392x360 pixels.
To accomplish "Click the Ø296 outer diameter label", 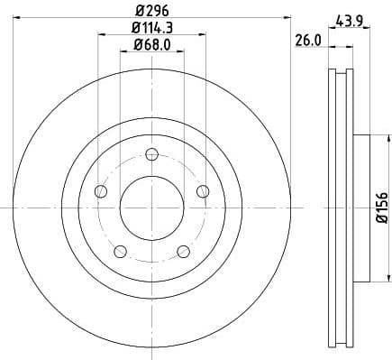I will pos(151,10).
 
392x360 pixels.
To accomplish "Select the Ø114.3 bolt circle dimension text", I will pos(151,28).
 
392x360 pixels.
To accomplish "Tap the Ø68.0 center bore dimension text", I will pos(151,45).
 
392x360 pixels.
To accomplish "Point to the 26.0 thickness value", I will pos(306,40).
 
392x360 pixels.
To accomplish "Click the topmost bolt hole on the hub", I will pos(151,152).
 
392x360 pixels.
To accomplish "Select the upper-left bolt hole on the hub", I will pos(101,190).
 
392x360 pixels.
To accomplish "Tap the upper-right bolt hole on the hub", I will pos(203,189).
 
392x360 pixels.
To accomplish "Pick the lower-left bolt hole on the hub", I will pos(120,250).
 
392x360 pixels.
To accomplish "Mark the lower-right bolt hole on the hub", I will pos(183,250).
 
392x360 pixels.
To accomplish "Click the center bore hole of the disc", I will pos(151,207).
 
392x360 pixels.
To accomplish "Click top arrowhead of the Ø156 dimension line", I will pos(369,137).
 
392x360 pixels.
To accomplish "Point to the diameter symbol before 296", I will pos(136,10).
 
